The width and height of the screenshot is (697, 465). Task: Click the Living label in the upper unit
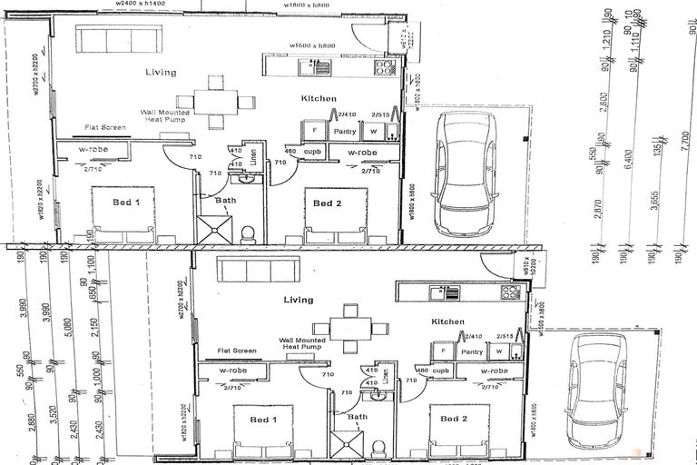point(162,72)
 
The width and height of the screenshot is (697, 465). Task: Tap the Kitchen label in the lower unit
point(447,322)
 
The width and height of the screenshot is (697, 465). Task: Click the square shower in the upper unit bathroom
point(216,230)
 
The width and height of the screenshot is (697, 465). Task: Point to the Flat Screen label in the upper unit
point(106,128)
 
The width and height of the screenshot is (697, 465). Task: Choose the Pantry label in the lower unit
point(470,351)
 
